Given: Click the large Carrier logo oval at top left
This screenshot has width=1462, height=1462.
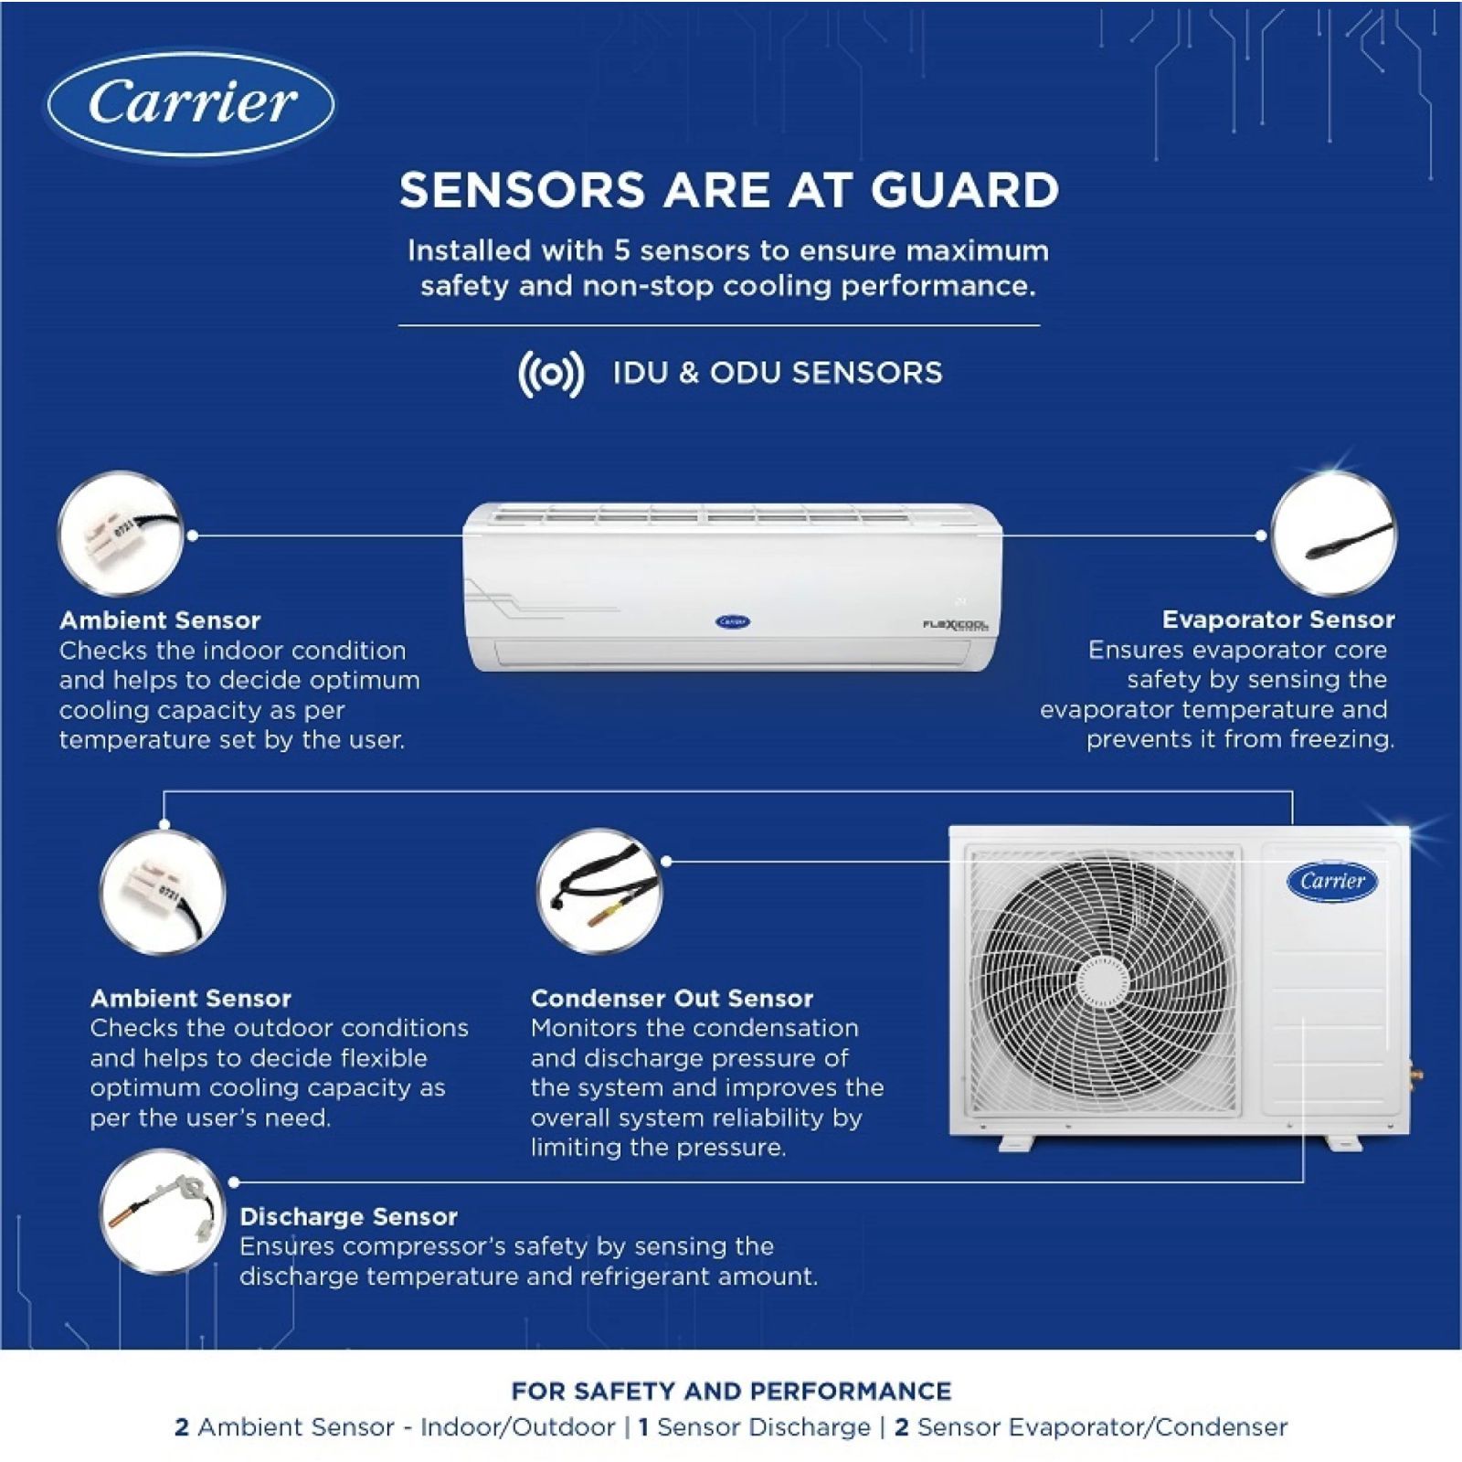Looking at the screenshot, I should (191, 102).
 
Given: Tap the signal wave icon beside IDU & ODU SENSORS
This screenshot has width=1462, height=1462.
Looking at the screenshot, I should (550, 374).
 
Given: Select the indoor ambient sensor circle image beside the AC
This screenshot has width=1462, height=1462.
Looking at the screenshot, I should (121, 535).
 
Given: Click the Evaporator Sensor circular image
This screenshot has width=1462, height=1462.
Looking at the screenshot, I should (1333, 535).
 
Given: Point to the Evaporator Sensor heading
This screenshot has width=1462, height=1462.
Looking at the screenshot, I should (1277, 620).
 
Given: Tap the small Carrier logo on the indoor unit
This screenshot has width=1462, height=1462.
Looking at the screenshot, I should (732, 621).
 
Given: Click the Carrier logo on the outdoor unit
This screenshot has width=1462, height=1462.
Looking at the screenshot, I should (1332, 881).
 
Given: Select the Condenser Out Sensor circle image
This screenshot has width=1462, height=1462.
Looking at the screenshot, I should (599, 892).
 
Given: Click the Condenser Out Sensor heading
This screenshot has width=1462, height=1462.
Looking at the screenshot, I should (672, 998).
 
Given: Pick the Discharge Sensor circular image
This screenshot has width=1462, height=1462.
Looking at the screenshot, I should (162, 1213).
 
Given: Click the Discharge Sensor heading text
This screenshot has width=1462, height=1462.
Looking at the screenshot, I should (348, 1216).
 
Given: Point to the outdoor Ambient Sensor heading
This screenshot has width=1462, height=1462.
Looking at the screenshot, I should (190, 998).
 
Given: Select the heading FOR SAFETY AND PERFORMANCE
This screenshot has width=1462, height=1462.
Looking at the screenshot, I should (731, 1392).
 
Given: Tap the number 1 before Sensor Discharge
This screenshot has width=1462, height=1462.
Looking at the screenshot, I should (643, 1427).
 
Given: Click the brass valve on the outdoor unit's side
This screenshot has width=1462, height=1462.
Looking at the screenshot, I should (1416, 1067).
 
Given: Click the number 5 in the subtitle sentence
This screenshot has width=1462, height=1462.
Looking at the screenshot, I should (621, 250).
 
